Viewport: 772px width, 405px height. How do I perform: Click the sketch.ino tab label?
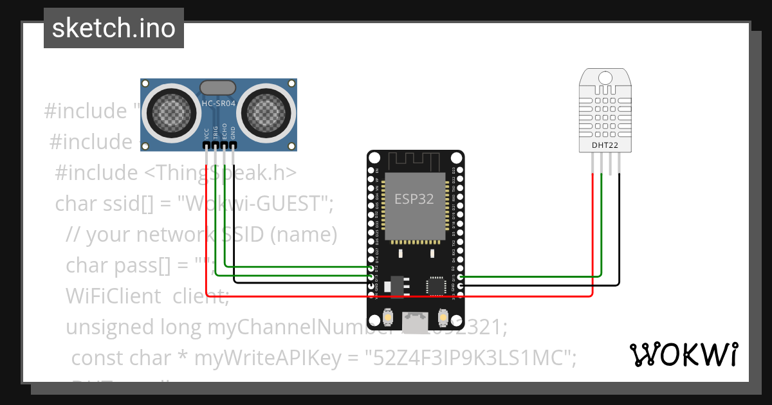[x=114, y=28]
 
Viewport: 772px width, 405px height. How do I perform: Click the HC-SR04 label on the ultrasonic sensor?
[x=218, y=104]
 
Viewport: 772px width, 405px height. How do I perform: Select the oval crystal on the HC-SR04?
[x=218, y=87]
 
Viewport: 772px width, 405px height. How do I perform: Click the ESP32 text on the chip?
[x=414, y=199]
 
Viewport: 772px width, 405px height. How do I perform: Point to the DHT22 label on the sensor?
[x=605, y=145]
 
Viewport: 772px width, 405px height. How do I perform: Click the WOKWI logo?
[x=684, y=354]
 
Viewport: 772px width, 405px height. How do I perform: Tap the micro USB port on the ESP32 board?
[x=416, y=321]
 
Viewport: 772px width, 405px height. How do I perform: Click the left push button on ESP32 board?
[x=389, y=318]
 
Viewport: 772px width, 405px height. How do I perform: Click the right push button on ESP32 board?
[x=443, y=318]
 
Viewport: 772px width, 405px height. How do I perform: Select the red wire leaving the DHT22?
[x=592, y=231]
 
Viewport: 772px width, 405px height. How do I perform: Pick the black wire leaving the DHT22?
[x=620, y=231]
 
